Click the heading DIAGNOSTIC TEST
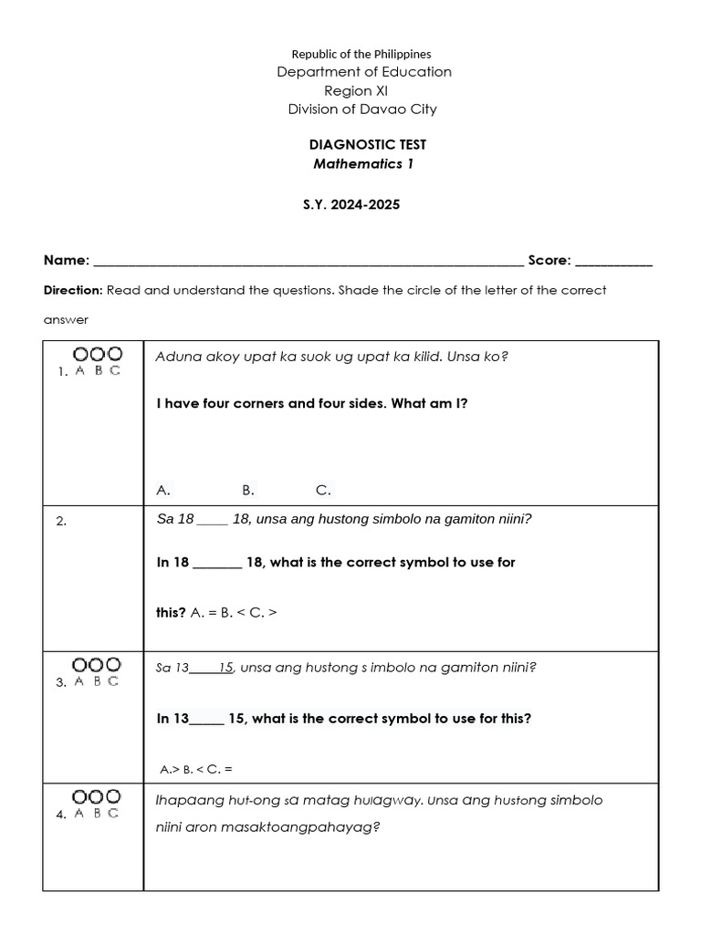(368, 145)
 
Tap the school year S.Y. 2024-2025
(351, 205)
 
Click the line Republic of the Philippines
(361, 55)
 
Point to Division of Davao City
(362, 109)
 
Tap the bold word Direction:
(73, 291)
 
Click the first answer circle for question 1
(80, 354)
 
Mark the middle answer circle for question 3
(97, 665)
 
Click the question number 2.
(61, 522)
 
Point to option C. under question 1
(323, 491)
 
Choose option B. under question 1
(248, 491)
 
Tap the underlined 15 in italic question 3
(226, 668)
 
